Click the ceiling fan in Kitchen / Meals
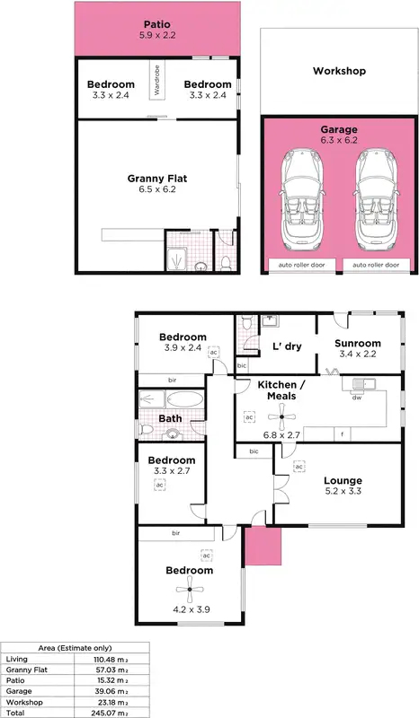coord(284,415)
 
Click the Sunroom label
coord(357,344)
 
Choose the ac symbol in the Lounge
coord(298,466)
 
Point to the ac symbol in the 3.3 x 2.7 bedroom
coord(159,484)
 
